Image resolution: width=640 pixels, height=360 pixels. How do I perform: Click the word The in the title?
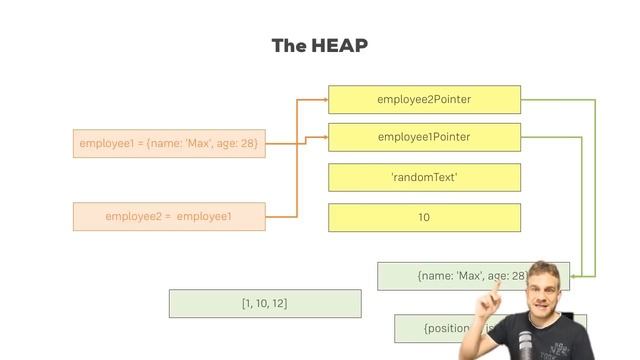point(286,46)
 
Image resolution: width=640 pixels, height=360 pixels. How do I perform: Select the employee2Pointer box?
point(424,100)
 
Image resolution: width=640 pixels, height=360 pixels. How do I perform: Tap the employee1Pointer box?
point(424,137)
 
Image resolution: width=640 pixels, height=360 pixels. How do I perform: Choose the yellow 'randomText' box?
point(424,177)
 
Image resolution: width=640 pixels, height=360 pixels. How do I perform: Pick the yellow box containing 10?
point(424,217)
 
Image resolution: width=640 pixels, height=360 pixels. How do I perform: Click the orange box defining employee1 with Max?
point(169,143)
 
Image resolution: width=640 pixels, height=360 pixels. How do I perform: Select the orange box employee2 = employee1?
point(169,216)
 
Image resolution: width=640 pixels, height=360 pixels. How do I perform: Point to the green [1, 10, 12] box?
point(265,303)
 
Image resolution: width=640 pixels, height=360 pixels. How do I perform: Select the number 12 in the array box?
point(279,303)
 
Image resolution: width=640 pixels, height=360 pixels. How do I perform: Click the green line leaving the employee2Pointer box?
point(560,100)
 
